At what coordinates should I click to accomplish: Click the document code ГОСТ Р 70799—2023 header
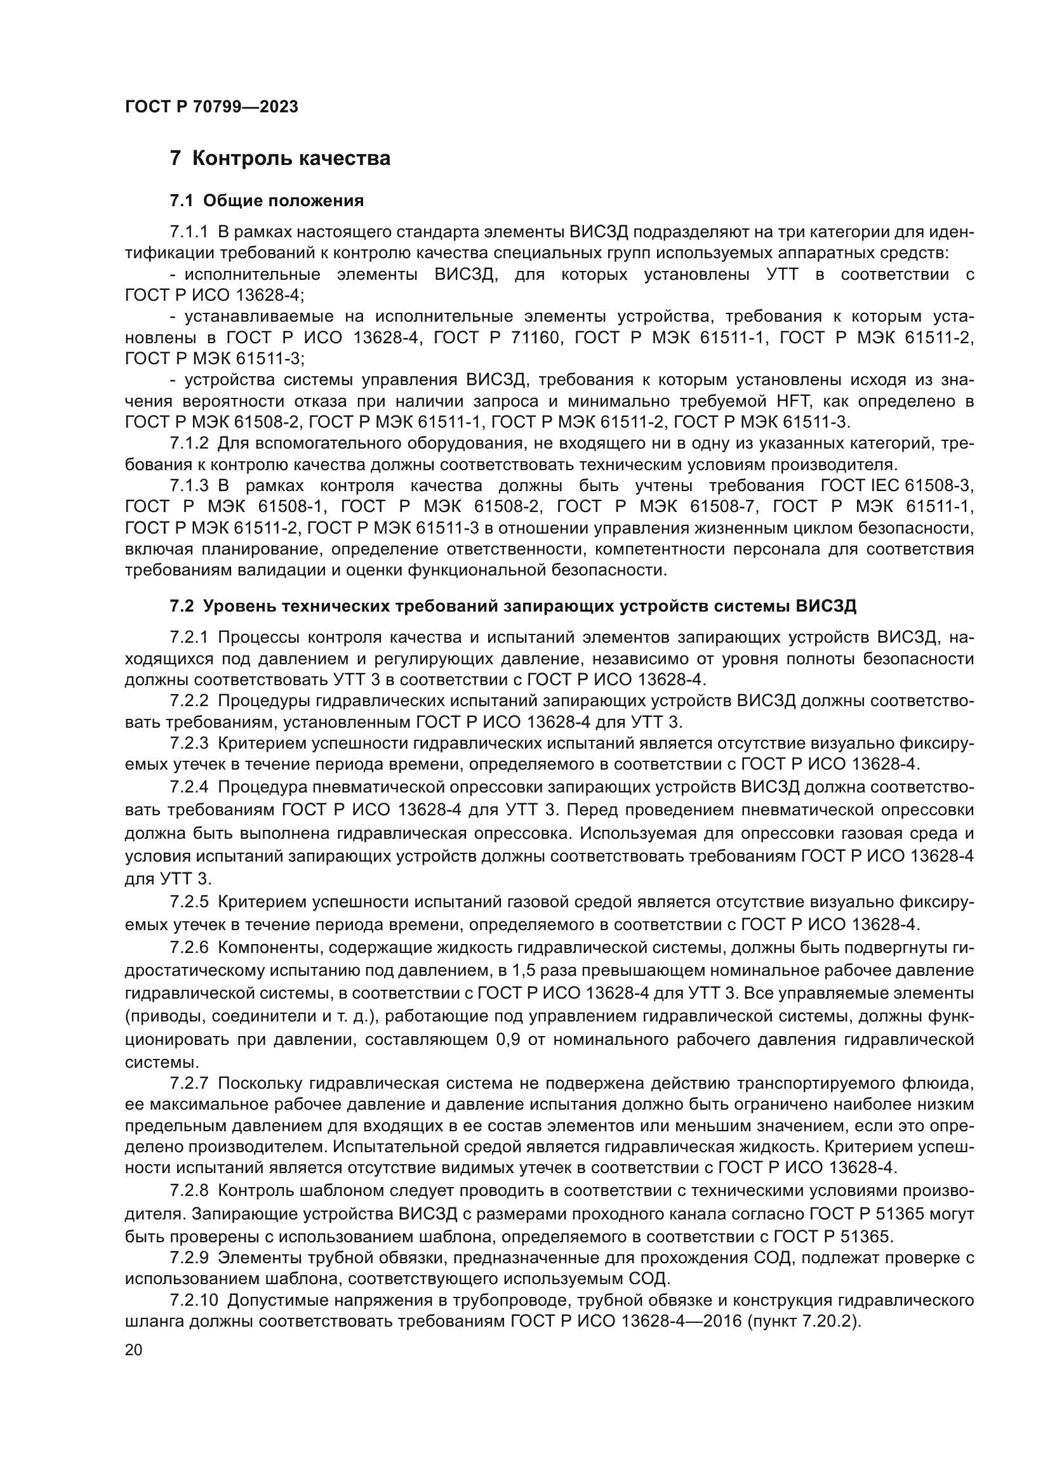tap(211, 107)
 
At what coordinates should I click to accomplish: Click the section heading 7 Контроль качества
tap(279, 159)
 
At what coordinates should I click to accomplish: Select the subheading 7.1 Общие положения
tap(267, 201)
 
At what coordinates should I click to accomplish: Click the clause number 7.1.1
tap(189, 232)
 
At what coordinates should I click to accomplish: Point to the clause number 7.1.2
tap(189, 443)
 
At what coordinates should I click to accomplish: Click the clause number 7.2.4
tap(189, 787)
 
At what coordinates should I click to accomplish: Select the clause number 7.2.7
tap(189, 1083)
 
